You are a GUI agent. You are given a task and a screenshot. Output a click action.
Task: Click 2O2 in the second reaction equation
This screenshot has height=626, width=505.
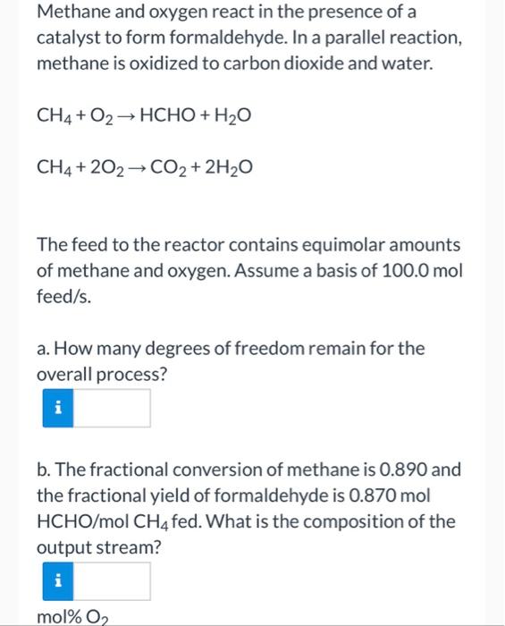(x=105, y=165)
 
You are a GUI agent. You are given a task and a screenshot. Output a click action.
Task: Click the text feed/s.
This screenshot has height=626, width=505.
(x=60, y=294)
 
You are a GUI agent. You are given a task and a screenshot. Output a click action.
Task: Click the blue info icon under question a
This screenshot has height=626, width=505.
(x=57, y=408)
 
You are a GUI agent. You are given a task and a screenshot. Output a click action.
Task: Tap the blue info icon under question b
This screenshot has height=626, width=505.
(x=57, y=581)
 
